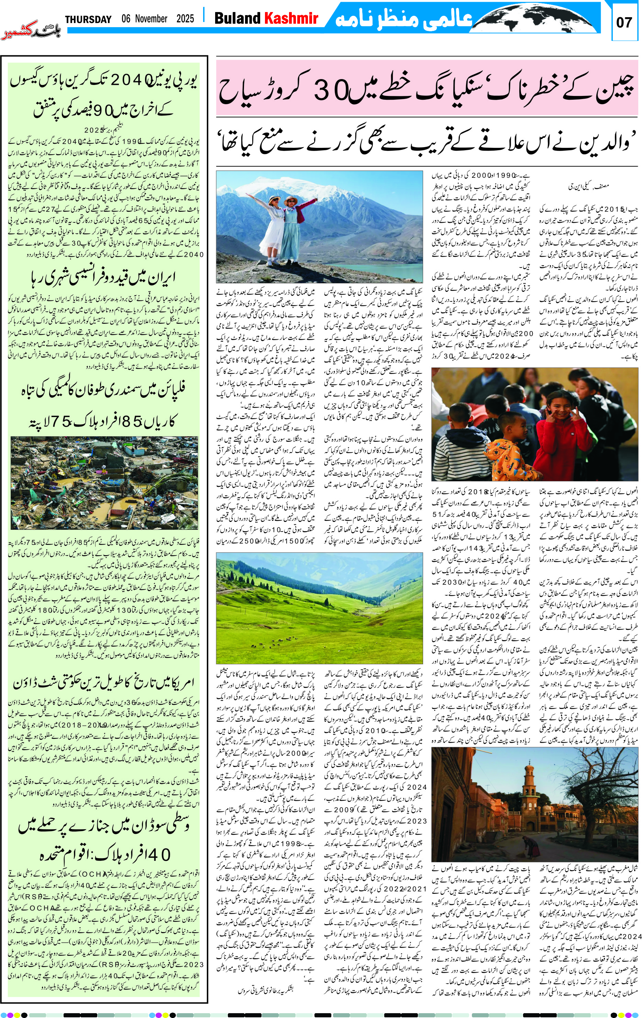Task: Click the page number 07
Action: [x=624, y=22]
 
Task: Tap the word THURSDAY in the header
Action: [x=88, y=20]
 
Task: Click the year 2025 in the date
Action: [x=185, y=19]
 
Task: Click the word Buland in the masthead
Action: [x=237, y=19]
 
